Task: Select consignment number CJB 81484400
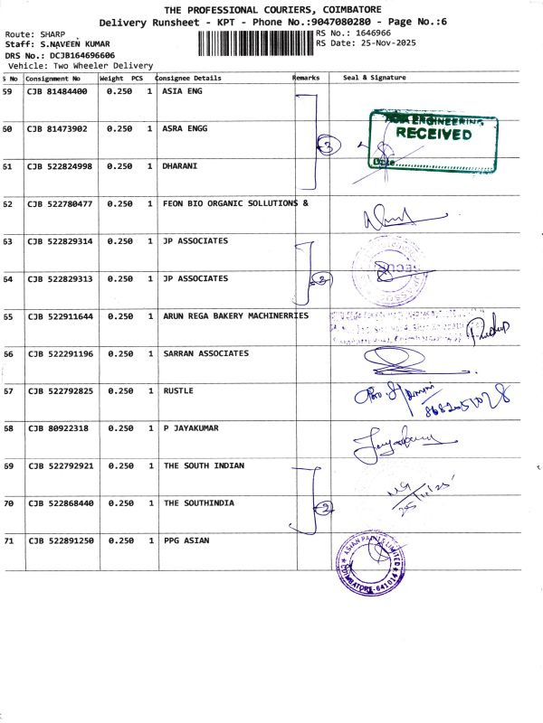click(57, 91)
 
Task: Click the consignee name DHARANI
click(180, 166)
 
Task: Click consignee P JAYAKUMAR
click(191, 427)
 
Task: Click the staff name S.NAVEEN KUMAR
click(74, 43)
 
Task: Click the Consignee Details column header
click(189, 79)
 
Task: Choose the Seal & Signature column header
click(375, 79)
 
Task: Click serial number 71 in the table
click(8, 540)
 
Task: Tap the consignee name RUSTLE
click(178, 390)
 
